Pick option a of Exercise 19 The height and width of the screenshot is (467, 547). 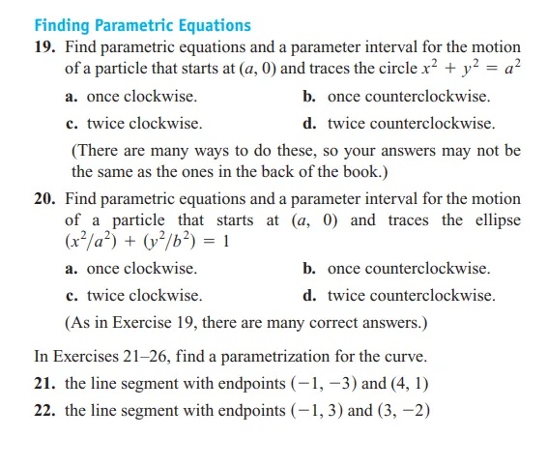(131, 97)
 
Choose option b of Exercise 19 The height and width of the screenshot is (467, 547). (395, 97)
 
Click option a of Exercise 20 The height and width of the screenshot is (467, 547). (131, 269)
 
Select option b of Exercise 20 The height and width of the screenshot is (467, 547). (395, 269)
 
